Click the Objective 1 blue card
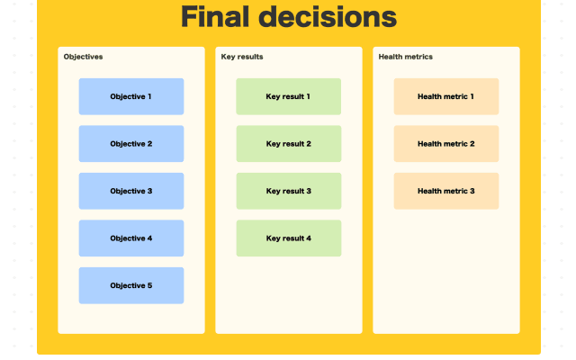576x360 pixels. [130, 96]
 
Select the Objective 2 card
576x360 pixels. [130, 144]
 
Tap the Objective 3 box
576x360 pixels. [130, 191]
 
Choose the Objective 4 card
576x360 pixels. [130, 238]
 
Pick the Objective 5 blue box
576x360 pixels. [130, 285]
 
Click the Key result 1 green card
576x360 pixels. [288, 96]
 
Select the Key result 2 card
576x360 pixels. [288, 144]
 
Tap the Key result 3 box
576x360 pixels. [288, 191]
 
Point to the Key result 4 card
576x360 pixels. [288, 238]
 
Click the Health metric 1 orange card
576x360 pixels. [445, 96]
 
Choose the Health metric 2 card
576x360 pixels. [445, 144]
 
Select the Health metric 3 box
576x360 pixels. [445, 191]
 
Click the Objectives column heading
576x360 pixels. [83, 57]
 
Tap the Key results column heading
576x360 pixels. [242, 57]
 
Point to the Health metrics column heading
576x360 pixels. [405, 57]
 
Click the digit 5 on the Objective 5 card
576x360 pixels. [149, 285]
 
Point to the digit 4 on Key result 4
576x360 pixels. [308, 238]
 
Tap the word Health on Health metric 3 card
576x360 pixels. [430, 191]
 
